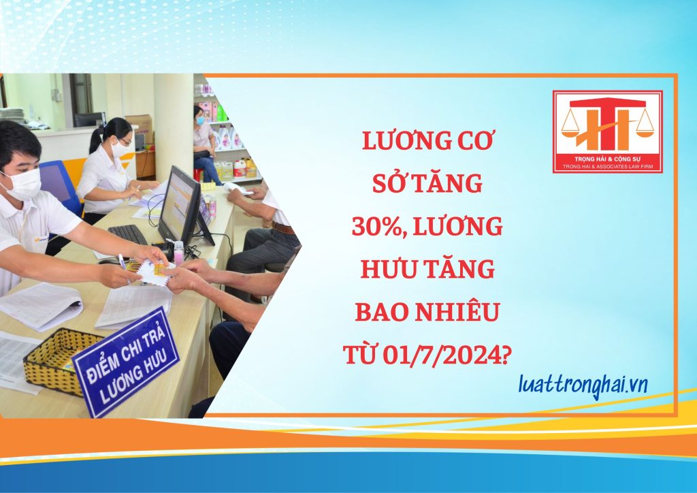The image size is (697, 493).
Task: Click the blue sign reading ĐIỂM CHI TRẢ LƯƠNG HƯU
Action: pos(126,362)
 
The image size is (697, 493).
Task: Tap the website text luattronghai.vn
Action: pos(583,385)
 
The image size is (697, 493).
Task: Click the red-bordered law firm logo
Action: pos(608,131)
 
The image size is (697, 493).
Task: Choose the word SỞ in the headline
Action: pos(387,182)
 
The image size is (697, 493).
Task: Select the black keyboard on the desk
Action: pos(127,234)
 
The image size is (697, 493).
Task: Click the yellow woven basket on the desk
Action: pos(56,361)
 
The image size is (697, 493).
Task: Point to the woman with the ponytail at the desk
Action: pos(112,168)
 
